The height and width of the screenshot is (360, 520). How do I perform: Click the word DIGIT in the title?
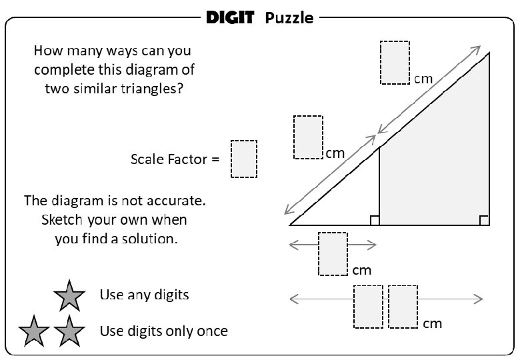click(x=230, y=18)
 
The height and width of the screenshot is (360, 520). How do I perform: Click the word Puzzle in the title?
click(x=289, y=18)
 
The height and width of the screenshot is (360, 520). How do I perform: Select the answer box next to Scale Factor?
click(x=244, y=159)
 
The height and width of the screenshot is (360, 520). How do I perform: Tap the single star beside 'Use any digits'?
click(x=69, y=295)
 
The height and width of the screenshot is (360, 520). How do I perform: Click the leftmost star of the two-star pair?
click(x=35, y=331)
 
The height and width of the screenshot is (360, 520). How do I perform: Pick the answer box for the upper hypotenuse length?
click(x=395, y=63)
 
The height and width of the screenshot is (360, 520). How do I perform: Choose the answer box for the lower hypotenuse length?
click(x=308, y=137)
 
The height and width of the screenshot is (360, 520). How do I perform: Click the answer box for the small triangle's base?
click(x=333, y=254)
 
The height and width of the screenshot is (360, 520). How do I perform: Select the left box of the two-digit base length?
click(x=368, y=307)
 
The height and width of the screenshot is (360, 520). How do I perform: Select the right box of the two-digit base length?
click(x=403, y=307)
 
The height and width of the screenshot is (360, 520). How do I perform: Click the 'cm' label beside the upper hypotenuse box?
click(x=424, y=79)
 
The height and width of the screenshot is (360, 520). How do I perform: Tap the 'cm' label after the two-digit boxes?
click(x=433, y=323)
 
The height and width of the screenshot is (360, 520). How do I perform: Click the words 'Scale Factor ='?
click(x=175, y=159)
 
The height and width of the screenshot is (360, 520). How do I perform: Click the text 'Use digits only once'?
click(x=163, y=331)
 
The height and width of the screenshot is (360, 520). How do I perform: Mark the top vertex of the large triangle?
click(x=490, y=53)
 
